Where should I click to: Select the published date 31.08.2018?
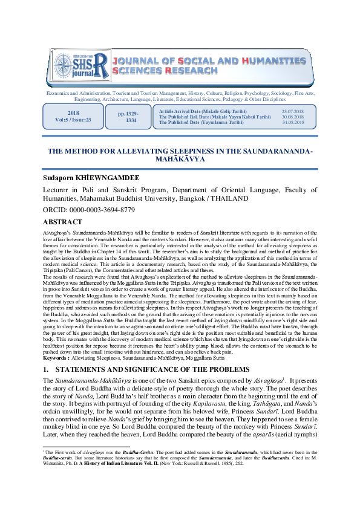[x=292, y=122]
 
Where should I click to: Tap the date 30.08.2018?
[x=292, y=117]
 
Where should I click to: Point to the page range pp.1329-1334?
[x=131, y=117]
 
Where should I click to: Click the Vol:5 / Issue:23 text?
[x=73, y=120]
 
